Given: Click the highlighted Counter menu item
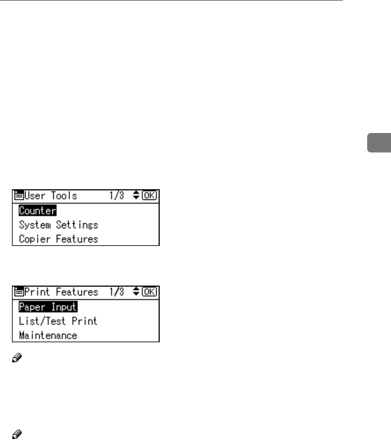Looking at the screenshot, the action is click(x=38, y=211).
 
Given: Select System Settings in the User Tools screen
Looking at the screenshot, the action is click(x=58, y=225).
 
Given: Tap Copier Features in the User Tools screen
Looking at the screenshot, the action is click(x=58, y=239).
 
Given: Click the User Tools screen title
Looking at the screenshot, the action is click(x=51, y=196).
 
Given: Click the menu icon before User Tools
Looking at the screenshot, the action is click(x=20, y=196).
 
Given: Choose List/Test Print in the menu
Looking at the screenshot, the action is click(x=58, y=321).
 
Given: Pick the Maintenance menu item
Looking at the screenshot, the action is click(x=48, y=335).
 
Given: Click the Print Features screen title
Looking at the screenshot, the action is click(x=61, y=292).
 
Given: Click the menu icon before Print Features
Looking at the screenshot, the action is click(x=20, y=292).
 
